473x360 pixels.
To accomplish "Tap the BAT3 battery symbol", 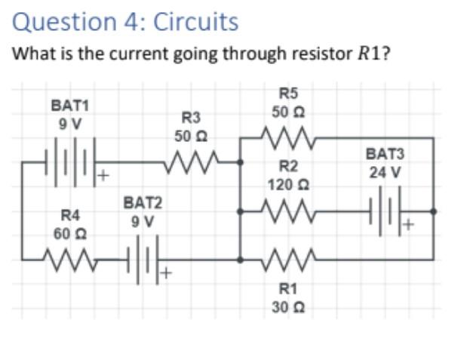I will [x=386, y=211].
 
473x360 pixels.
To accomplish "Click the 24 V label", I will [x=385, y=172].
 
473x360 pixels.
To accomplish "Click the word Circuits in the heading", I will [x=195, y=22].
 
